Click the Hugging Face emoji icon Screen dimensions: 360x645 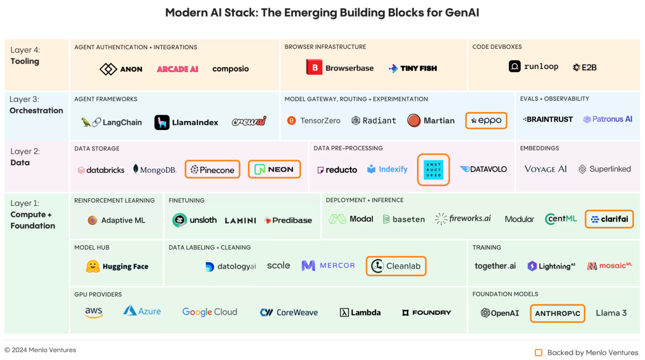pos(93,266)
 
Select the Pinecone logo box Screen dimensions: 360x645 pos(212,169)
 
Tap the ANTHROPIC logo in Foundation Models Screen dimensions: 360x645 pos(558,314)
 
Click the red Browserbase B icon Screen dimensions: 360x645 pos(315,67)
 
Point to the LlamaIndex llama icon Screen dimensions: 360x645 pos(162,122)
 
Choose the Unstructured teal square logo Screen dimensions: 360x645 pos(433,169)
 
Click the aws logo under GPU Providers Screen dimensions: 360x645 pos(94,312)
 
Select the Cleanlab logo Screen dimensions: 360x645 pos(396,266)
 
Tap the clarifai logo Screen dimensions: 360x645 pos(609,219)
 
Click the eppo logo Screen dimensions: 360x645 pos(486,120)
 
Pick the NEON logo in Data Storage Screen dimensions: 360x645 pos(274,169)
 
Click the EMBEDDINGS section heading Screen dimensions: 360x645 pos(539,148)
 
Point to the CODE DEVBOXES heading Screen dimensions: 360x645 pos(497,47)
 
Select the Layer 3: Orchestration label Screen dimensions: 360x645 pos(36,105)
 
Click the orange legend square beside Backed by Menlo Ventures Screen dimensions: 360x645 pos(538,352)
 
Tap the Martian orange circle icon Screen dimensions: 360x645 pos(414,120)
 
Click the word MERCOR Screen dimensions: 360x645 pos(337,265)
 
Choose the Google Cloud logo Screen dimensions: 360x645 pos(209,312)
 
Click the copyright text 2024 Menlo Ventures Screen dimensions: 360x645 pos(40,350)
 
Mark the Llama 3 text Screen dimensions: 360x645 pos(611,313)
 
